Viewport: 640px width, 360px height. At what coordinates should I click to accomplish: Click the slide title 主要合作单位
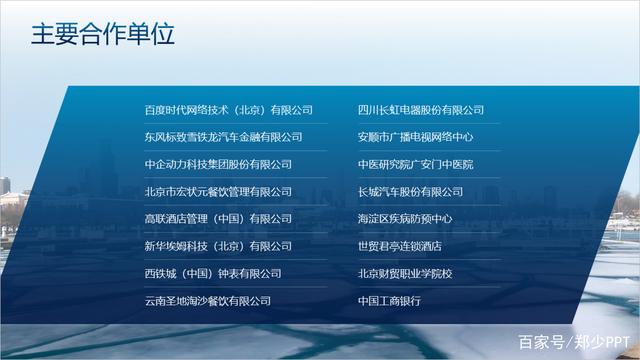click(103, 35)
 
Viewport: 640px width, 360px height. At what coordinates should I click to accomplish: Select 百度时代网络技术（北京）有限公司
click(229, 110)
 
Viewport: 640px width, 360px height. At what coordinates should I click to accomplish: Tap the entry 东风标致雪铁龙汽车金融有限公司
click(223, 137)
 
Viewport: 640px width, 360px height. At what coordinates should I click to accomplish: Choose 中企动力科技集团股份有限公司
click(218, 164)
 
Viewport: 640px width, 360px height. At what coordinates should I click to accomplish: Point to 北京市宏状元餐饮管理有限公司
click(218, 192)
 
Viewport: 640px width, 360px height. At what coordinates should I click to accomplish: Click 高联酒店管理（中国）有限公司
click(218, 219)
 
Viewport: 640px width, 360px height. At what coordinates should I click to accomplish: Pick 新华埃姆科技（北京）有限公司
click(218, 246)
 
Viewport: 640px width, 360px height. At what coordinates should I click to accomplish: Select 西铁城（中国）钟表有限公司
click(213, 273)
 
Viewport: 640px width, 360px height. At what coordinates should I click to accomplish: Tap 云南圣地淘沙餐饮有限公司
click(208, 300)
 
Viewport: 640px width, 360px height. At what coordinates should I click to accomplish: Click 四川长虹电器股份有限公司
click(421, 110)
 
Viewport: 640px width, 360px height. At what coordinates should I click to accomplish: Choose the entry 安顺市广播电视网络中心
click(416, 137)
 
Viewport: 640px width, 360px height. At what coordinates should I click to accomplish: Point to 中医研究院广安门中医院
click(416, 164)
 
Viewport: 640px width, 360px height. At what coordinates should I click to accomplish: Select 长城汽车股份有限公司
click(411, 192)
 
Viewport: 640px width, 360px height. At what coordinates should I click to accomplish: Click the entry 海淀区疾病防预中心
click(405, 219)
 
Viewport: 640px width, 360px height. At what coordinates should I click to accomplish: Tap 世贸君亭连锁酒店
click(400, 246)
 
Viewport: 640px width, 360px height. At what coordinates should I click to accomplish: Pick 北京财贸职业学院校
click(405, 273)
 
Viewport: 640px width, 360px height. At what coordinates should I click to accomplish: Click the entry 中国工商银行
click(389, 300)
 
